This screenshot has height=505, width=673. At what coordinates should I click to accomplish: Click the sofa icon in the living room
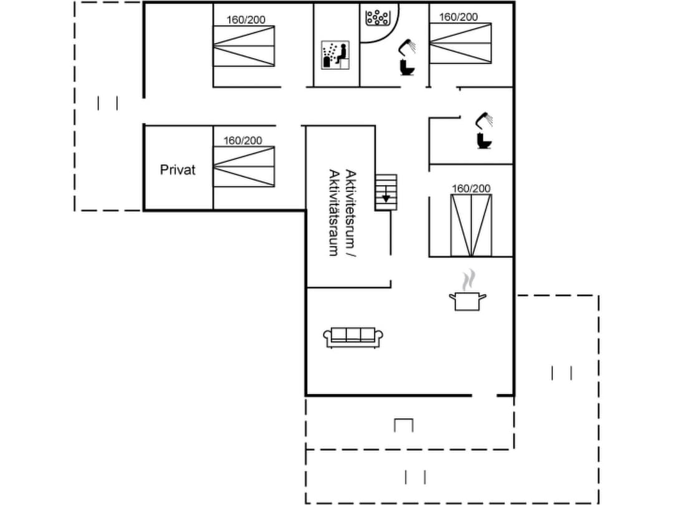(353, 337)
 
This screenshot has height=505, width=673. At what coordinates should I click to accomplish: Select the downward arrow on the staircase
(386, 196)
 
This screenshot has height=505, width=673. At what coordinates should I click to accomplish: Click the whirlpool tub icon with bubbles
(378, 17)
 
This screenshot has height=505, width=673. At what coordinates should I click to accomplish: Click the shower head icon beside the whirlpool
(408, 45)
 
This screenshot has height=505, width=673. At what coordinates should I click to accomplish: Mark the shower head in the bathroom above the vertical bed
(484, 118)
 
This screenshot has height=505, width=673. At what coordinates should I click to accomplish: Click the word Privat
(178, 170)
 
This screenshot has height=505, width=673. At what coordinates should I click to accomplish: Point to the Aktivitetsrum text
(350, 212)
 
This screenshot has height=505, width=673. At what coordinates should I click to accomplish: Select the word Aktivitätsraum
(334, 212)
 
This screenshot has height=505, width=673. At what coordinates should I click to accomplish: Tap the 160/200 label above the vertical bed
(471, 188)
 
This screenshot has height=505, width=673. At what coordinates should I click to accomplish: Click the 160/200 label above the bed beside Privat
(243, 141)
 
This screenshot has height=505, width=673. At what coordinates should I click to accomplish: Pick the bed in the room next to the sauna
(244, 46)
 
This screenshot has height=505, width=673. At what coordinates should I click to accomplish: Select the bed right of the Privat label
(244, 167)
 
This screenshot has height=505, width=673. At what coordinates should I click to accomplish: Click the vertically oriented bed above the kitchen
(471, 225)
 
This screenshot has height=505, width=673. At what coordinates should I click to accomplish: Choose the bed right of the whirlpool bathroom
(461, 44)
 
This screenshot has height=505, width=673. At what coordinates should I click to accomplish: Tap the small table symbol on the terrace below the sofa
(404, 425)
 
